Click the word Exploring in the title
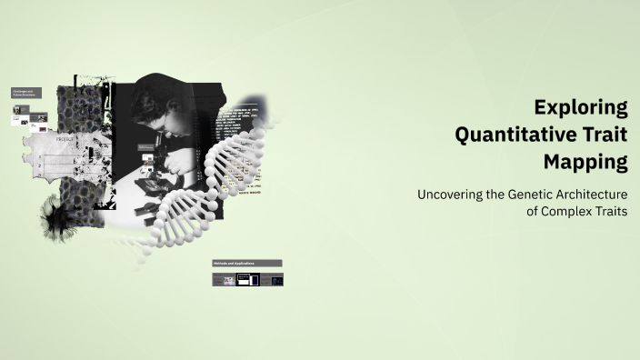coord(580,107)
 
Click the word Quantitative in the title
coord(510,135)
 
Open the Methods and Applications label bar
coord(247,263)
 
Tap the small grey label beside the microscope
coord(145,145)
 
